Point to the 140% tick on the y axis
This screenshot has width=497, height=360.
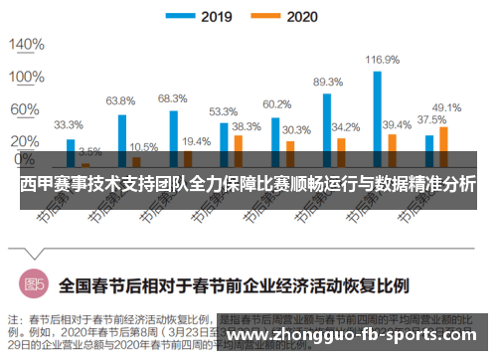(27, 45)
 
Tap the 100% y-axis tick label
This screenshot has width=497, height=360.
(27, 77)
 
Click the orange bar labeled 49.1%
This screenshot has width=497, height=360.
(443, 144)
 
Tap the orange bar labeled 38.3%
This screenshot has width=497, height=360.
(238, 149)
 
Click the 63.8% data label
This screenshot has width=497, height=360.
(120, 100)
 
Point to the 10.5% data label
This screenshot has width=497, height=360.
(143, 147)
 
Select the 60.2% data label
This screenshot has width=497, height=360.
(276, 104)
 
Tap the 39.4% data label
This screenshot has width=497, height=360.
(397, 124)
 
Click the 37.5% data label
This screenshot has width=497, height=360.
(430, 118)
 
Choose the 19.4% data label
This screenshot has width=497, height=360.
(196, 141)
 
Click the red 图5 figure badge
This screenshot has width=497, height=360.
(35, 284)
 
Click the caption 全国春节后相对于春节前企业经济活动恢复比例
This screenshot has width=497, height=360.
(234, 284)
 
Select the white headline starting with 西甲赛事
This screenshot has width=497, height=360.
(248, 186)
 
